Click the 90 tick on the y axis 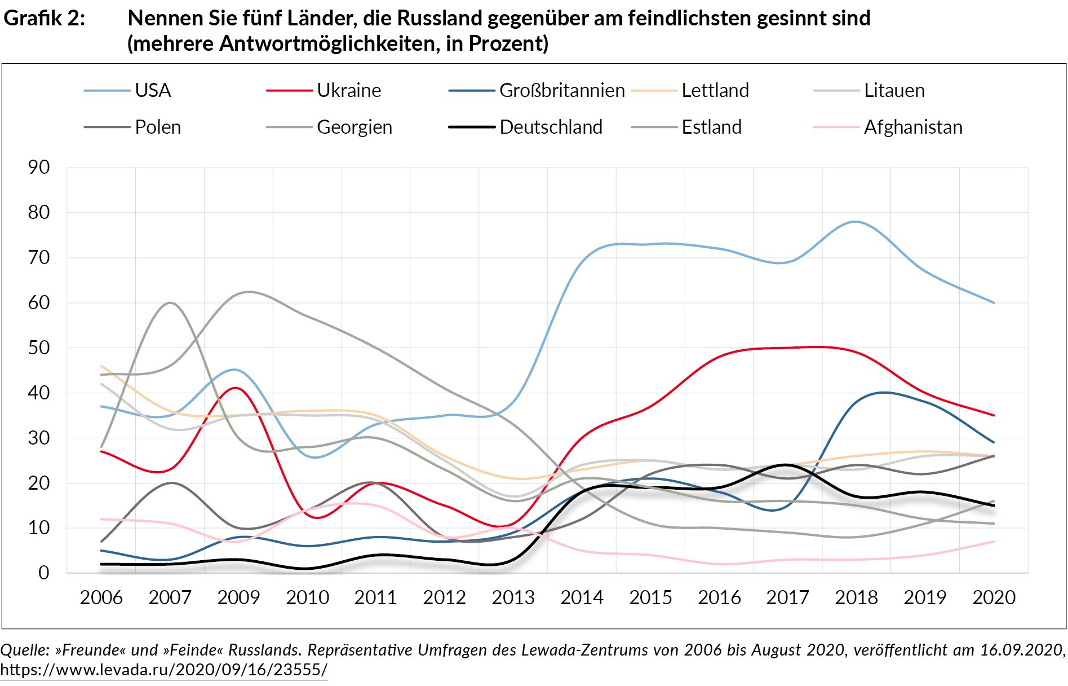[39, 167]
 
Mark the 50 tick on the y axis [39, 348]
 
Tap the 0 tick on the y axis [44, 573]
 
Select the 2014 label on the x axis [582, 597]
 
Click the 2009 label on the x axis [238, 597]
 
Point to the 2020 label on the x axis [994, 597]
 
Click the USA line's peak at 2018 [856, 222]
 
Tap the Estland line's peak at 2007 [170, 303]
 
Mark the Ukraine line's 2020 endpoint [994, 415]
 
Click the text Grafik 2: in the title [45, 18]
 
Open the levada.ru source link [163, 670]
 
